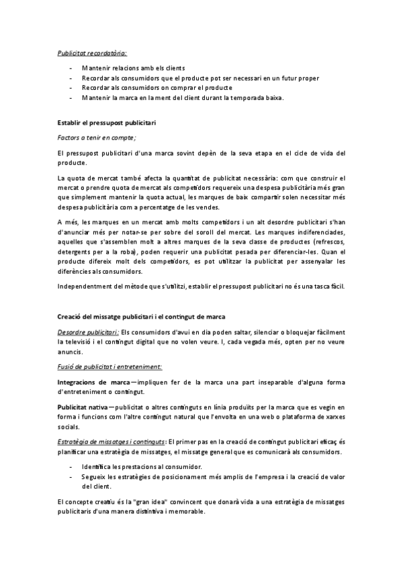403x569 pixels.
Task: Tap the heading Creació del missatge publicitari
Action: (x=141, y=316)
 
